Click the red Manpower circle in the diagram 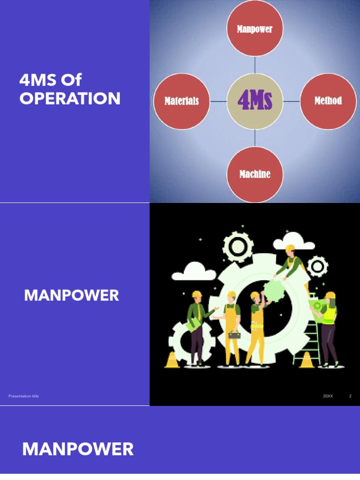[255, 29]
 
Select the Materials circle [181, 101]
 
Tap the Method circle [328, 101]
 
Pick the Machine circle [255, 174]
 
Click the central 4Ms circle [255, 101]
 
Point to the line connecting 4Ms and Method [292, 101]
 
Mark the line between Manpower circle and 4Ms [255, 65]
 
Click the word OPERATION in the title [70, 99]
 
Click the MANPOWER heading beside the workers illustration [71, 295]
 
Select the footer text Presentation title [23, 396]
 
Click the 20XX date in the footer [328, 396]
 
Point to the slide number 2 [350, 396]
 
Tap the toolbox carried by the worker [234, 335]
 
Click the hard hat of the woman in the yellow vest [330, 295]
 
